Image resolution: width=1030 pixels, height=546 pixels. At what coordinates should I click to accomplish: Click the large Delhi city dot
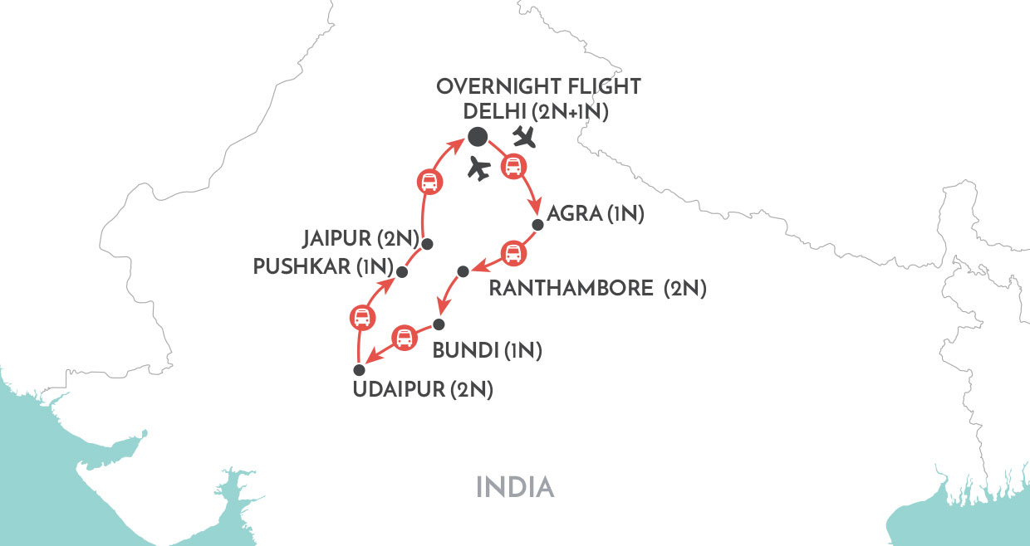477,136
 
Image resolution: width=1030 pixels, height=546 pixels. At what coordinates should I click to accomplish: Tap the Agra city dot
538,224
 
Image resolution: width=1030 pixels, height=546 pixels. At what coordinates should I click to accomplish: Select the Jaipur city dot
427,243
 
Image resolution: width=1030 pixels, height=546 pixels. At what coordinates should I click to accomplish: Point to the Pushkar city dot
402,271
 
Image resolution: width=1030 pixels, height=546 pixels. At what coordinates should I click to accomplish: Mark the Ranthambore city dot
463,271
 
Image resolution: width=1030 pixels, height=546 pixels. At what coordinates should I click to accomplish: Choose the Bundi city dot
439,324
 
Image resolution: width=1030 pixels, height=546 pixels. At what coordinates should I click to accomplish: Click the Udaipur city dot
360,370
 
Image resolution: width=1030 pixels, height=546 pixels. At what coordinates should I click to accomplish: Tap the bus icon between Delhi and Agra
513,168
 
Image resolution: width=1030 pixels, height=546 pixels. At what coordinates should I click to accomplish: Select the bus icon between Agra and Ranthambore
513,252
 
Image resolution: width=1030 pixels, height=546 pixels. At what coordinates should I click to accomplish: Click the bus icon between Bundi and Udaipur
404,338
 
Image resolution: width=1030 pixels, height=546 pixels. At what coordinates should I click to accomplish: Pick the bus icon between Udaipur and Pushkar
361,316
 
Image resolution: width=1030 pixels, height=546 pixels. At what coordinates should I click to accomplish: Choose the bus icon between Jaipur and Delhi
428,182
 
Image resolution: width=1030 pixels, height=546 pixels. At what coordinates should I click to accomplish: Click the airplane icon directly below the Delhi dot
478,168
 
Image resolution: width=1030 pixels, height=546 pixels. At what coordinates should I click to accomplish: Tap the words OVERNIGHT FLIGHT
538,87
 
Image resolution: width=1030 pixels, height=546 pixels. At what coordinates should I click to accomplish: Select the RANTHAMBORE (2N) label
597,289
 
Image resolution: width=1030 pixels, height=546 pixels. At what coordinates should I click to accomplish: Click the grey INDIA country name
515,486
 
